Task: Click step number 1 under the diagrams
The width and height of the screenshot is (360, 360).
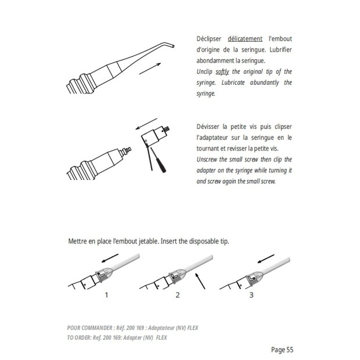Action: (x=106, y=295)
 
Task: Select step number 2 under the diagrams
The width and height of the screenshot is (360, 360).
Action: (x=178, y=295)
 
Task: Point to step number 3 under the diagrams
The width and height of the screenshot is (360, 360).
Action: (x=251, y=295)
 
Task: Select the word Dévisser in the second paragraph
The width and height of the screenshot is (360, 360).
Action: (x=211, y=127)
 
